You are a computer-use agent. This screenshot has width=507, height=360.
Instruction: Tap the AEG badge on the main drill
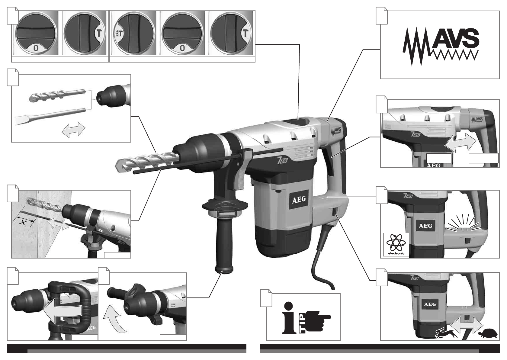(300, 200)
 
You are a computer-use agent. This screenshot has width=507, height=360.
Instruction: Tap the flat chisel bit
(50, 116)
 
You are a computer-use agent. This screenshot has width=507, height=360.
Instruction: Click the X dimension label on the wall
(23, 223)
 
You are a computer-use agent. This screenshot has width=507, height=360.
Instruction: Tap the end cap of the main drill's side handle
(224, 270)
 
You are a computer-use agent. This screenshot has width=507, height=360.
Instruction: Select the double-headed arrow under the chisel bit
(73, 129)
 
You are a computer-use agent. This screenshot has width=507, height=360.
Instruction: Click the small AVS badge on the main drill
(336, 131)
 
